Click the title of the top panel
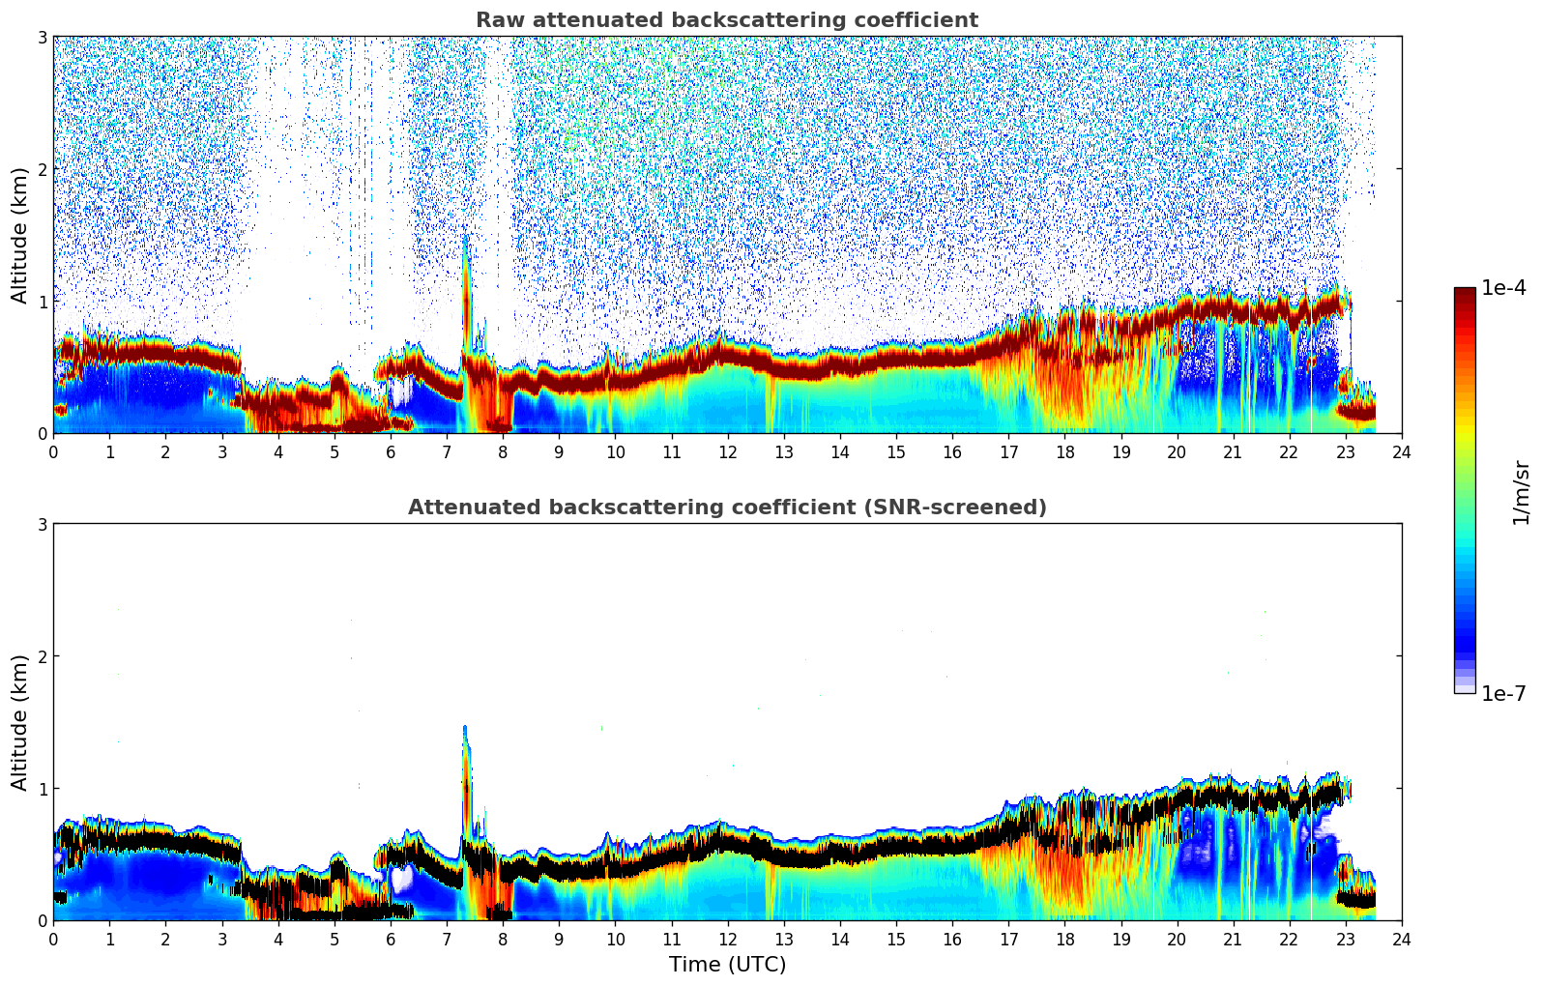(726, 20)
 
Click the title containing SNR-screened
(726, 507)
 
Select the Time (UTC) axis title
(727, 964)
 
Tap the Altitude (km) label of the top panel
(20, 235)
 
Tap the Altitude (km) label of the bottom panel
(20, 722)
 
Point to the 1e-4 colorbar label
(1503, 288)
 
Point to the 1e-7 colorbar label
(1503, 693)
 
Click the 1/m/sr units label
(1521, 492)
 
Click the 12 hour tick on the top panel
(727, 451)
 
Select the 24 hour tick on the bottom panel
(1401, 939)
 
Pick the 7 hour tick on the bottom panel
(447, 939)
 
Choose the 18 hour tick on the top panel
(1064, 451)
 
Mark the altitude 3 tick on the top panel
(42, 37)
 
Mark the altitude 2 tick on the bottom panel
(42, 656)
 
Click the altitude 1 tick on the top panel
(42, 302)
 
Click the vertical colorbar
(1464, 490)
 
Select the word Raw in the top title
(497, 20)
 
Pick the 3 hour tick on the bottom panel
(221, 939)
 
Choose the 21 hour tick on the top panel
(1233, 451)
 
